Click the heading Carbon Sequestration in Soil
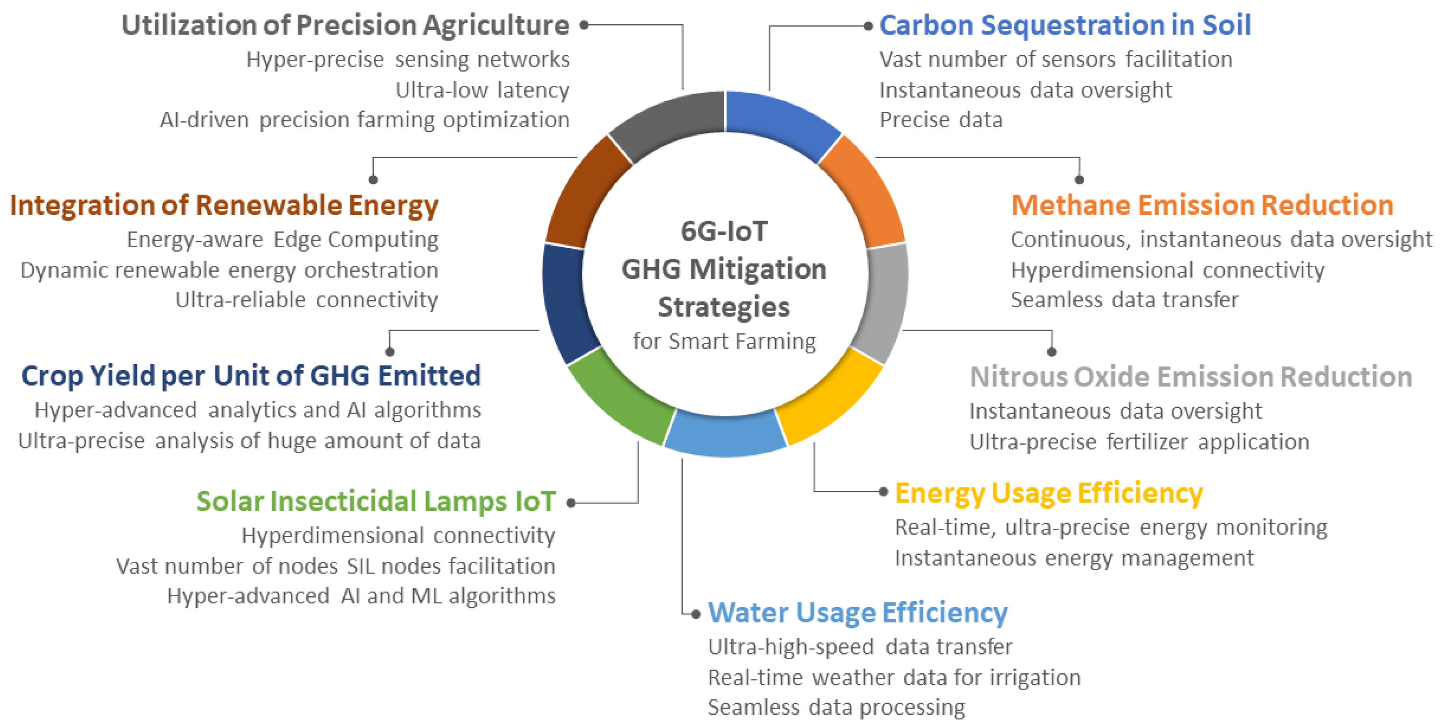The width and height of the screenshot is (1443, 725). (1065, 25)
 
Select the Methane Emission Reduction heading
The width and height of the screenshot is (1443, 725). (1202, 205)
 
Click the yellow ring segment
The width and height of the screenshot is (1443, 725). (829, 398)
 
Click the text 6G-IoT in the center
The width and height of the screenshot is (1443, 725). (724, 231)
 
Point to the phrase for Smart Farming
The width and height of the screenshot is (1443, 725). (724, 341)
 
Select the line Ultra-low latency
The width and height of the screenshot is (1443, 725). (482, 90)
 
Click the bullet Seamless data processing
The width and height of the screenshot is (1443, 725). (836, 708)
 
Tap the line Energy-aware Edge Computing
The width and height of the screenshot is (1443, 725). (282, 240)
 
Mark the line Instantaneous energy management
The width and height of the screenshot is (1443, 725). (1074, 559)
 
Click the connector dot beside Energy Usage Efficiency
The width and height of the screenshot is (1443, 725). (883, 492)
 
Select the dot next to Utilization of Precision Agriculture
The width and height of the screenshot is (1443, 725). (584, 25)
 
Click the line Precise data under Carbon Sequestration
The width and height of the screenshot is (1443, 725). (941, 120)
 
